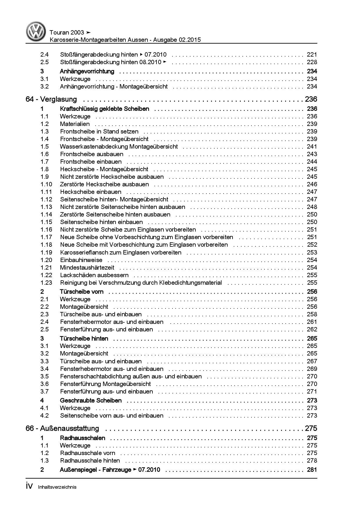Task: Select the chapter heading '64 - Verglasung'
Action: [x=51, y=99]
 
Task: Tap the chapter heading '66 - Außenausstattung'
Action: [x=62, y=428]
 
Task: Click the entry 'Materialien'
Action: [x=75, y=124]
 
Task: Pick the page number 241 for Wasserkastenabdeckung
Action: [x=312, y=147]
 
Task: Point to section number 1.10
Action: [x=46, y=184]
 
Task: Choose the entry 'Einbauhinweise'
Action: [x=81, y=260]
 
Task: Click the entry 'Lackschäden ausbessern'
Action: [x=94, y=275]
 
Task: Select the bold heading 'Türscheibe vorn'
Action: [x=82, y=292]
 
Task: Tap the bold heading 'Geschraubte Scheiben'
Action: [x=91, y=400]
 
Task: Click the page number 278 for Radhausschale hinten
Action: [x=312, y=461]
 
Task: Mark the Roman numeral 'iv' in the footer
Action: [x=30, y=487]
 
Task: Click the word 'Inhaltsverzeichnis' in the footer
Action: [x=57, y=487]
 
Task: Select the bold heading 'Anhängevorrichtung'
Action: [x=87, y=71]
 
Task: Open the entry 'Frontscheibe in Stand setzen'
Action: [x=99, y=131]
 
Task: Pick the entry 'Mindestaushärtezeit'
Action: [x=87, y=268]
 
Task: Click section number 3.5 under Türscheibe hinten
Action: [x=44, y=376]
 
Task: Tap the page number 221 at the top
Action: [x=312, y=55]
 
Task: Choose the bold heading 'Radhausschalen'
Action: [x=82, y=438]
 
